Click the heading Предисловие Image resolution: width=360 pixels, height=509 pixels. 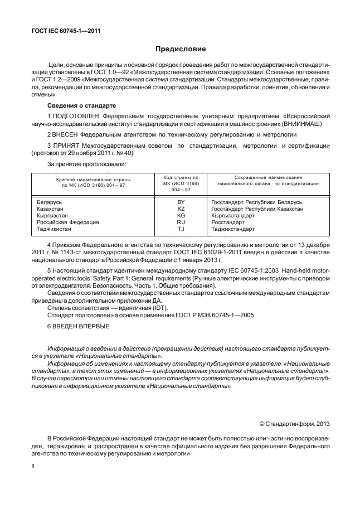click(x=179, y=49)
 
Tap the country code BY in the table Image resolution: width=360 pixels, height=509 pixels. click(x=181, y=201)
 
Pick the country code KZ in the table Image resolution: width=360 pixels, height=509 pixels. click(x=181, y=208)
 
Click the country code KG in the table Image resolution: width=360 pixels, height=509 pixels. click(x=181, y=215)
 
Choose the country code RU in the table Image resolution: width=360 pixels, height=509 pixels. click(x=181, y=222)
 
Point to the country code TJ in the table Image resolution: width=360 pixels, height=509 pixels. click(x=181, y=229)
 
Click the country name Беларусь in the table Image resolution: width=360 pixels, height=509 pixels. click(x=50, y=201)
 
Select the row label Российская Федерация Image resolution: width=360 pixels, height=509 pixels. click(x=67, y=222)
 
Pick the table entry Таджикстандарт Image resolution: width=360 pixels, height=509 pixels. click(x=233, y=229)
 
